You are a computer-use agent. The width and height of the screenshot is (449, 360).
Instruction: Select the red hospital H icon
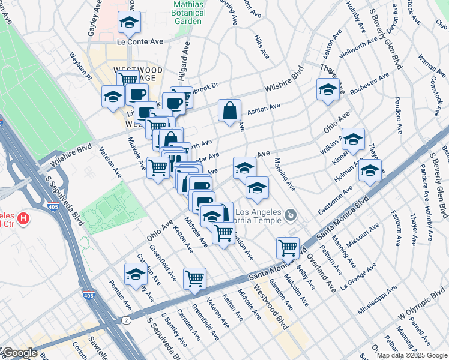pyautogui.click(x=23, y=218)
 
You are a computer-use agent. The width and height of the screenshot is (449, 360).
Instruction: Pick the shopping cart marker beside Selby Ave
pyautogui.click(x=288, y=247)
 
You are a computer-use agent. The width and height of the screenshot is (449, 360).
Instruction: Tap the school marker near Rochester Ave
pyautogui.click(x=328, y=90)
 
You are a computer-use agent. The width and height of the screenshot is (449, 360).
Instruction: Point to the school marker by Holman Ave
pyautogui.click(x=370, y=170)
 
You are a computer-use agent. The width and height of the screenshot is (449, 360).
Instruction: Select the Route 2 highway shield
pyautogui.click(x=127, y=320)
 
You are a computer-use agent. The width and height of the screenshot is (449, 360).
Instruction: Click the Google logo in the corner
pyautogui.click(x=19, y=353)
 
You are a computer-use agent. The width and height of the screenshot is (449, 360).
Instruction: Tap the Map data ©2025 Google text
pyautogui.click(x=412, y=355)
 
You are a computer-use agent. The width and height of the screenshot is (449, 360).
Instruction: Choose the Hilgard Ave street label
pyautogui.click(x=185, y=58)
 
